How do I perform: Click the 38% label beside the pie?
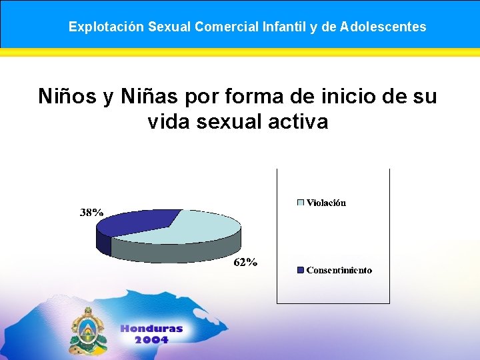click(91, 213)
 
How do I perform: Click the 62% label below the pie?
click(245, 262)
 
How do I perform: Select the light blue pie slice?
click(193, 227)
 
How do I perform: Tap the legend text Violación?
click(326, 203)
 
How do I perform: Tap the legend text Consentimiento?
click(339, 270)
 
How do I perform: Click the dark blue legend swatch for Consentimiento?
click(300, 270)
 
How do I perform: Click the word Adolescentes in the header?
click(383, 27)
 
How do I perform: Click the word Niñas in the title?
click(150, 96)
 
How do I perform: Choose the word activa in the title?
click(300, 121)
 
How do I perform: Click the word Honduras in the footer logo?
click(151, 329)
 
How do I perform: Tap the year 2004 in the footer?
click(151, 339)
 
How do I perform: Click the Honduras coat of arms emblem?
click(87, 331)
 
